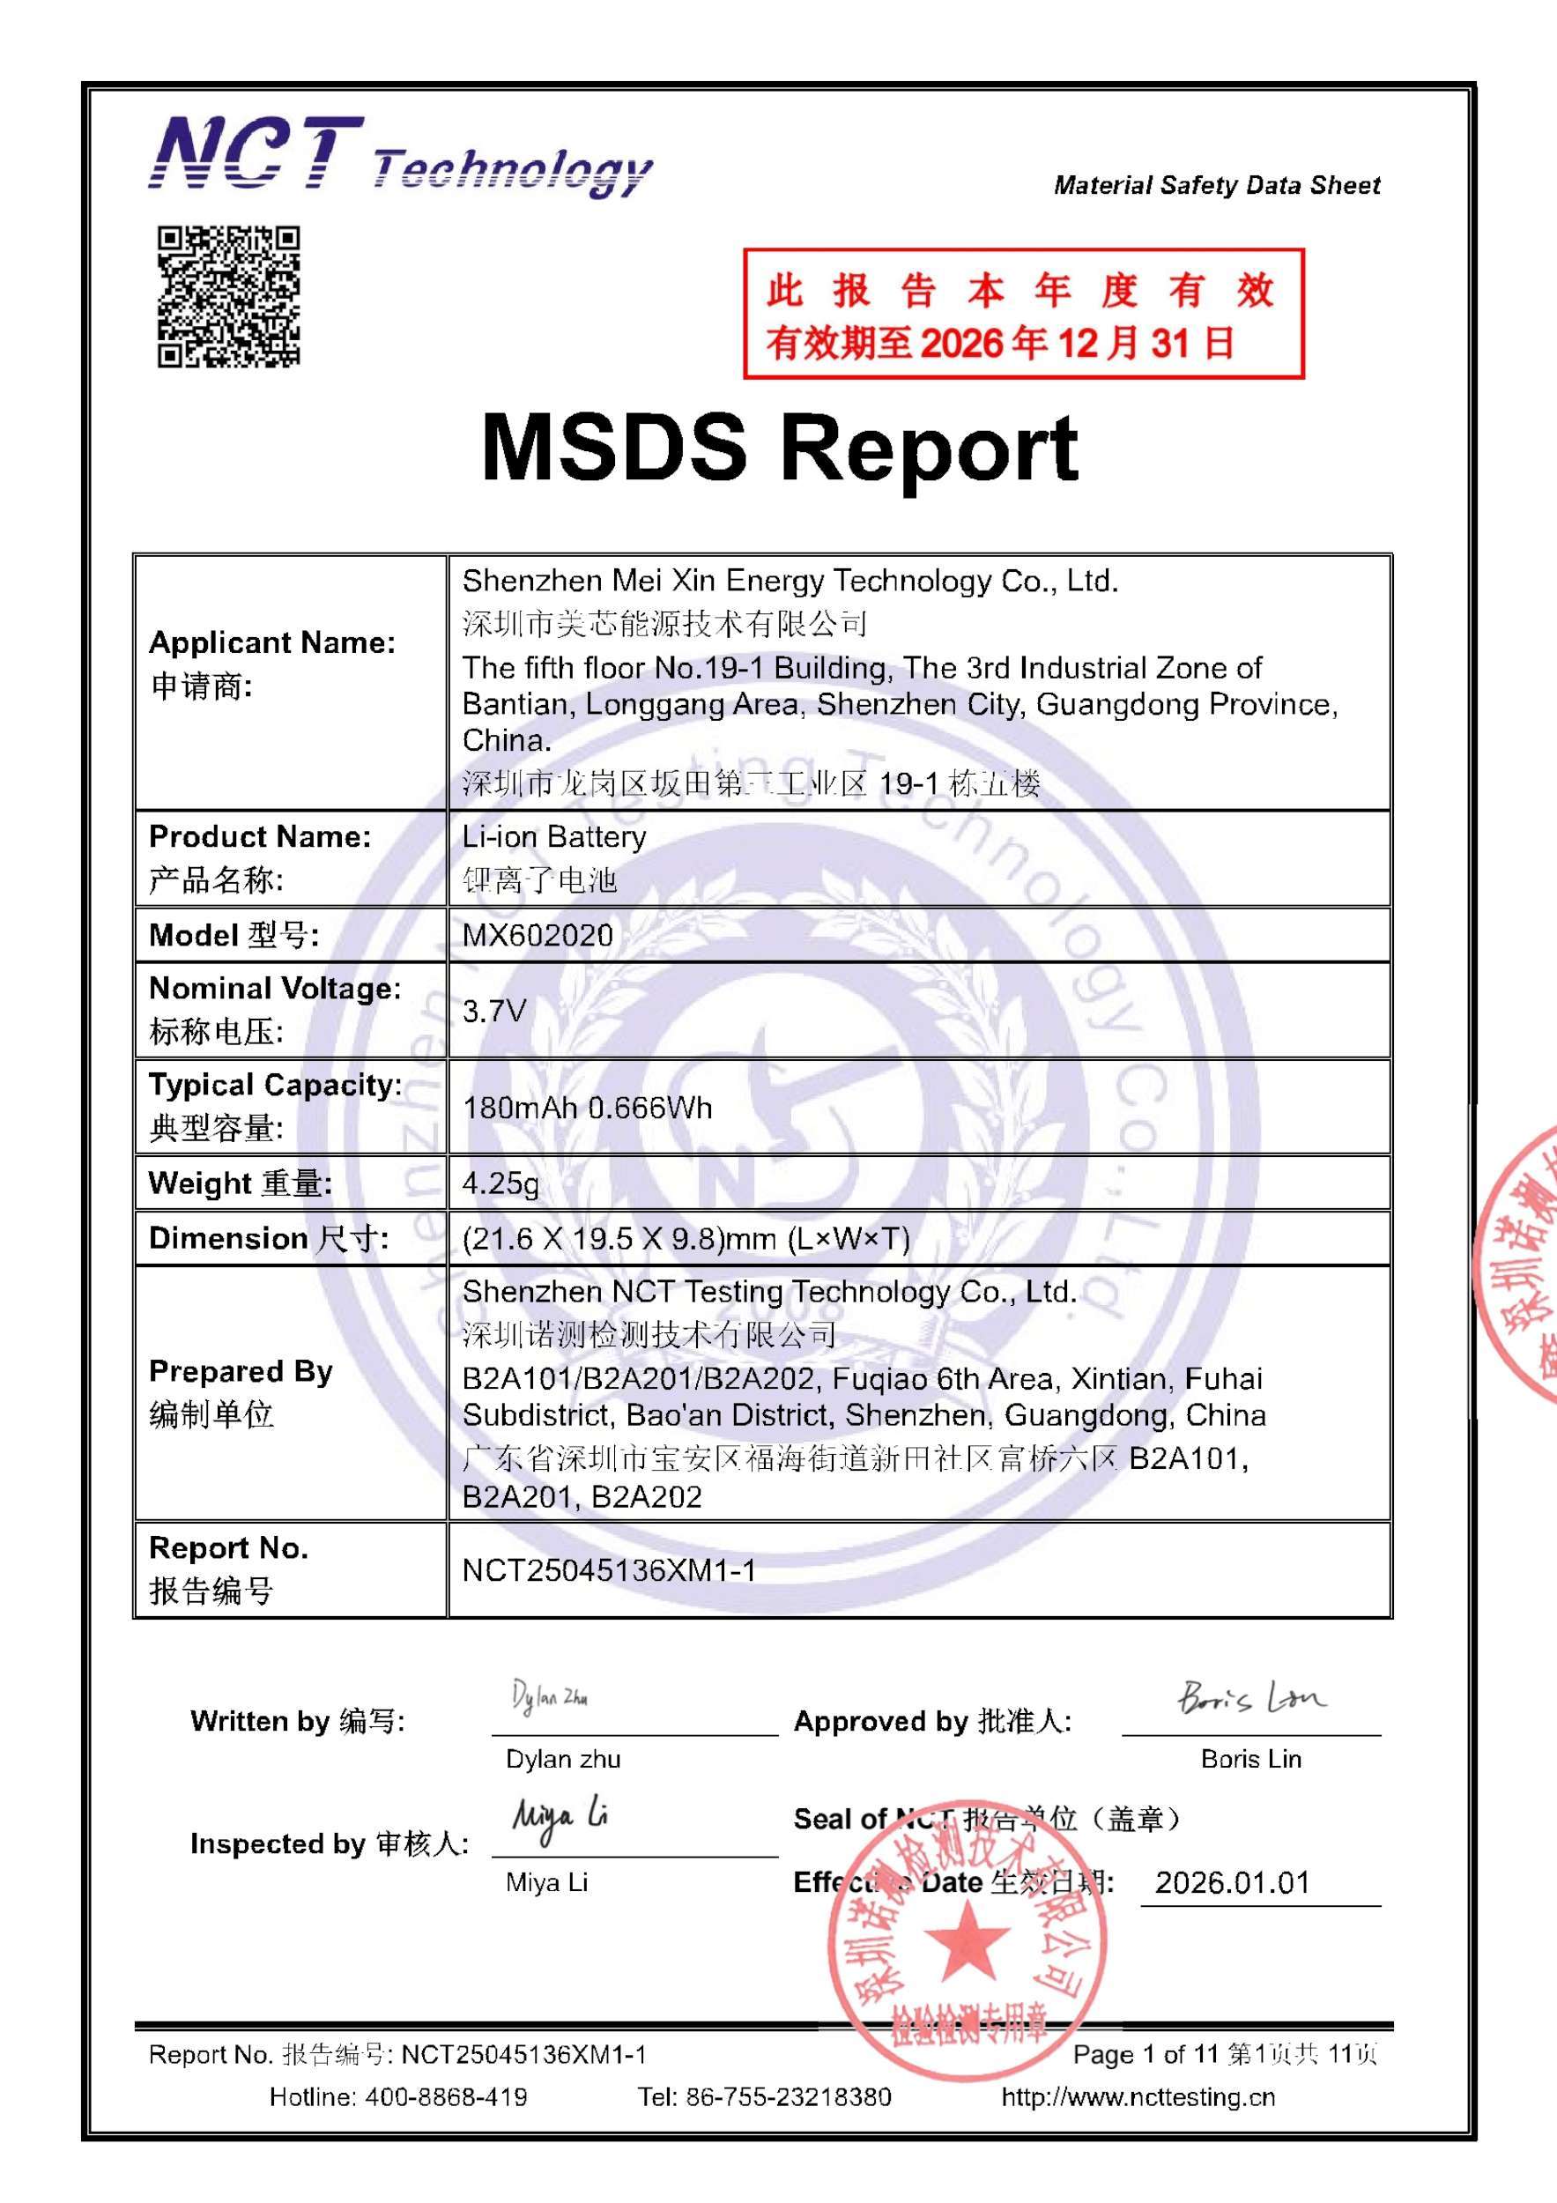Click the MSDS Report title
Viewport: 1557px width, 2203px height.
point(779,448)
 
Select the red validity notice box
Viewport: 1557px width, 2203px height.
point(1023,314)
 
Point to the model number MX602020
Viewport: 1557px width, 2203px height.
point(538,936)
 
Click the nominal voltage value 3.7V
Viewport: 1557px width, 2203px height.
point(494,1011)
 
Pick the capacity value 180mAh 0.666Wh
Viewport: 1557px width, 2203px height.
point(587,1109)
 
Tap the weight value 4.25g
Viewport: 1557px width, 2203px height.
point(500,1183)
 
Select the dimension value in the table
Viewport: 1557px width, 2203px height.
point(685,1239)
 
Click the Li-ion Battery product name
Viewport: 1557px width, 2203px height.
point(553,836)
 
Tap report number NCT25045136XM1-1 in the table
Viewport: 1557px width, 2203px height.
point(608,1569)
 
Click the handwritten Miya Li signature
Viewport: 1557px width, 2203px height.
point(560,1816)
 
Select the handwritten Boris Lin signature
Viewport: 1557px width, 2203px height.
point(1250,1699)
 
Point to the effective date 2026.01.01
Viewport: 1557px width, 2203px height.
point(1232,1881)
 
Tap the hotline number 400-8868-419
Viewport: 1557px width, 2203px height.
point(445,2096)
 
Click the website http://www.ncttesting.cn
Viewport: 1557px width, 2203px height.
point(1138,2096)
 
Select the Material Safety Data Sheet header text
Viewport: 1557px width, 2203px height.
point(1217,185)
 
